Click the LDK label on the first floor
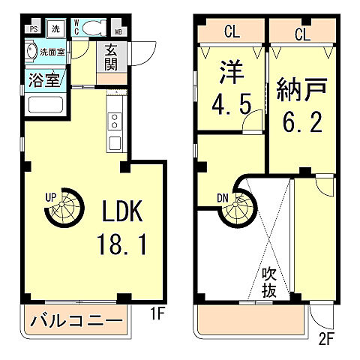118,212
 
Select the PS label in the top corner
34,29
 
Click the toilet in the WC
93,28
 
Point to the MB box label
119,31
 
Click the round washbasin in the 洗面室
31,53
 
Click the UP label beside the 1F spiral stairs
51,197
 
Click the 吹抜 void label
271,282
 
